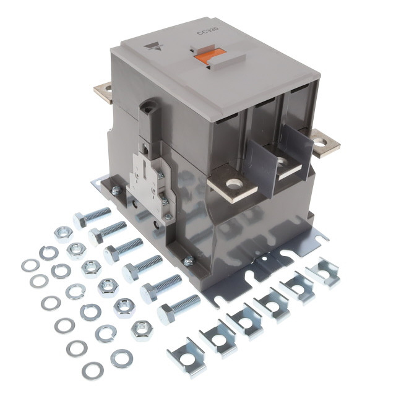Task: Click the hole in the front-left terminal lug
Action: coord(233,183)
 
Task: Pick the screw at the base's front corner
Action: coord(188,262)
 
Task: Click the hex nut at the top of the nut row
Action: coord(63,234)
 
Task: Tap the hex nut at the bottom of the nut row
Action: coord(142,329)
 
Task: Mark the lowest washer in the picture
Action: coord(93,371)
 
